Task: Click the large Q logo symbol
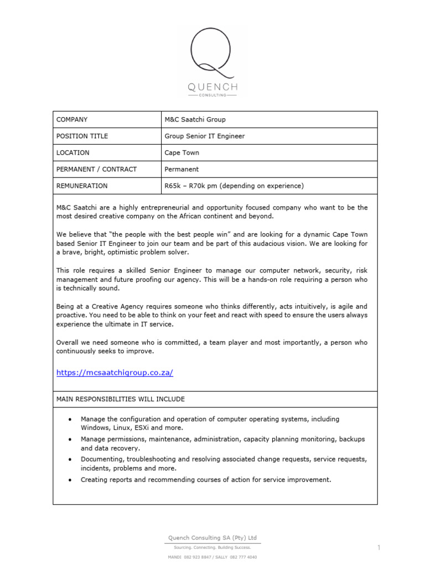[212, 53]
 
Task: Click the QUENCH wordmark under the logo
[212, 87]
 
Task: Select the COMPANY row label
[72, 119]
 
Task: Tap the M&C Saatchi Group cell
[195, 119]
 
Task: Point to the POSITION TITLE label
[82, 136]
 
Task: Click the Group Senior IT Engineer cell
[204, 136]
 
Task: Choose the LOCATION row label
[73, 153]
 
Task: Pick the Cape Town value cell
[182, 153]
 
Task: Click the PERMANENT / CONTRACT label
[96, 169]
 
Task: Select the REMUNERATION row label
[82, 186]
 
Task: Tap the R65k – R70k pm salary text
[234, 186]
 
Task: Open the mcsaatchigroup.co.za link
[115, 373]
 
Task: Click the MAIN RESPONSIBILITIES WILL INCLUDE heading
[121, 399]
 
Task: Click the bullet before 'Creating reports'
[69, 480]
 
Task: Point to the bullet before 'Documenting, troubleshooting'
[69, 459]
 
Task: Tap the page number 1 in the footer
[379, 548]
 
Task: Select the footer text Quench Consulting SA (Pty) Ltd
[212, 537]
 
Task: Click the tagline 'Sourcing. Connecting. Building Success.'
[212, 547]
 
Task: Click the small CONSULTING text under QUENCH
[212, 95]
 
